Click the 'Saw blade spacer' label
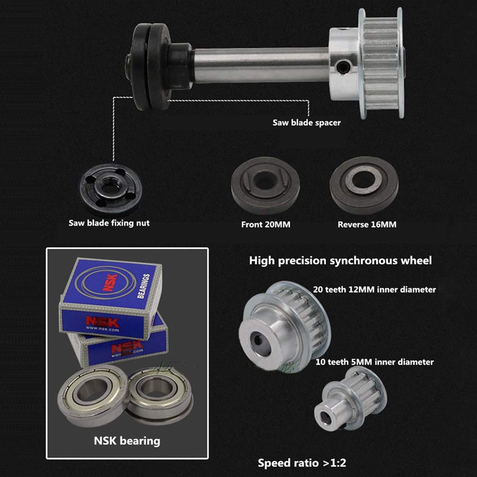[306, 123]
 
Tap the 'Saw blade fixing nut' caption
[109, 223]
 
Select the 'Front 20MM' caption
[266, 225]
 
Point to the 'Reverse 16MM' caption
[367, 225]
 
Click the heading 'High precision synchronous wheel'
[341, 261]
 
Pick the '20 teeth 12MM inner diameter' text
[374, 290]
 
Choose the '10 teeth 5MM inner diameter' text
[374, 362]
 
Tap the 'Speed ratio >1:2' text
[302, 463]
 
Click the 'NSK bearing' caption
[127, 441]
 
